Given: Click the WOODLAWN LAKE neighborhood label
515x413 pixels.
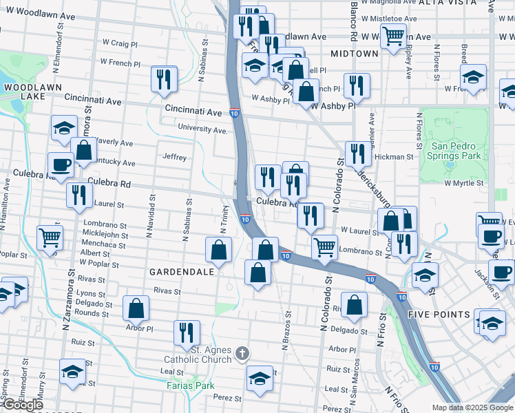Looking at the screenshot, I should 32,92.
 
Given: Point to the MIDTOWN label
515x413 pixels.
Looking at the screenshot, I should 355,53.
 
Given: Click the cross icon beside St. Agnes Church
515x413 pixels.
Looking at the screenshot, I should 241,354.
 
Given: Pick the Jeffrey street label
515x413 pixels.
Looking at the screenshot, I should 174,158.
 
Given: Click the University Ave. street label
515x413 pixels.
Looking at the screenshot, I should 202,129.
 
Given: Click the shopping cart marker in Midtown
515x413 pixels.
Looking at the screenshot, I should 392,35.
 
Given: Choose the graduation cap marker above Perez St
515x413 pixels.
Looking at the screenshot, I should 259,379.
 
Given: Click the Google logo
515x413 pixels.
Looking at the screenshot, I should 23,405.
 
